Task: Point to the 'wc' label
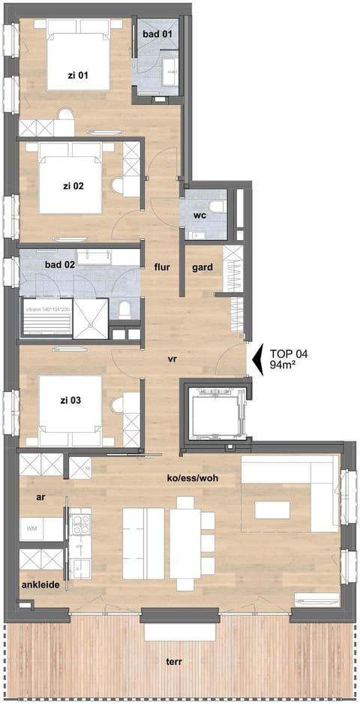(200, 216)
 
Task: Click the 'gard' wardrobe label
(202, 266)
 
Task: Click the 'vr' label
(172, 360)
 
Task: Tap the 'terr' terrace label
(178, 662)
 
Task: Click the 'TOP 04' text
(288, 353)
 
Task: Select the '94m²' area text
(285, 366)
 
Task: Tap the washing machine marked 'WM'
(33, 530)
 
